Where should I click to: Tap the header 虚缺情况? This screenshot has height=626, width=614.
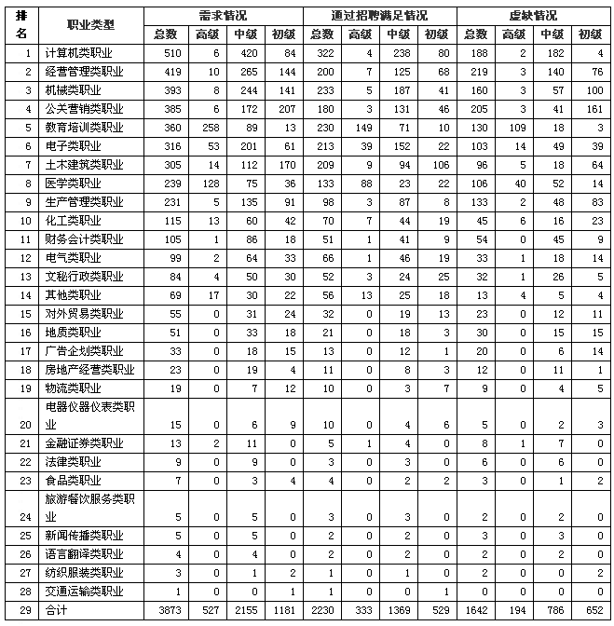(534, 16)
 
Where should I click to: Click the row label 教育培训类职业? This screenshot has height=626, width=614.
(85, 128)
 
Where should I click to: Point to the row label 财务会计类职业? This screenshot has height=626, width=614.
(85, 239)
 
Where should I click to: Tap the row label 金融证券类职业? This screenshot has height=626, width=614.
(85, 442)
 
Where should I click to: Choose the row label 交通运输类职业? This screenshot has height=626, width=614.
(85, 592)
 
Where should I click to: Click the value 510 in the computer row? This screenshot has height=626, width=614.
(165, 53)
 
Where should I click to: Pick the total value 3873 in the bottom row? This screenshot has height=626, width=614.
(165, 609)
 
